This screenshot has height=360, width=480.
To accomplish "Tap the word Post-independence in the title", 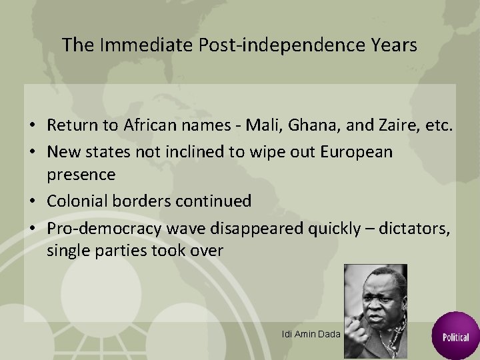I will point(270,45).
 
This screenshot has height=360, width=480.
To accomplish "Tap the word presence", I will point(81,175).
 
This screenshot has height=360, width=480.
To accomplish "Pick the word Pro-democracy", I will point(101,229).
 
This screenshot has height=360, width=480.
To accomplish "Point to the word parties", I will point(125,251).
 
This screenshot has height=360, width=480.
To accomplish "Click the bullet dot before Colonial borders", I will point(32,201).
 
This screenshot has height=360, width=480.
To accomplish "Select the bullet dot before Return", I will point(32,125).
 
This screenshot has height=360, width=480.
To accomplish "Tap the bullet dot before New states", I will point(32,152).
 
